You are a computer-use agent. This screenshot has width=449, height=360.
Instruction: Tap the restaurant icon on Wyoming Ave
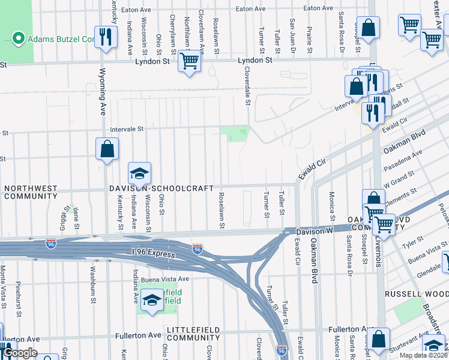tap(106, 37)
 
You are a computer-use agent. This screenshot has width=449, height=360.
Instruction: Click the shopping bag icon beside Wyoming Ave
tap(106, 149)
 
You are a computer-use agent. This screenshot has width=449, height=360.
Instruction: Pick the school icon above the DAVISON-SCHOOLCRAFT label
tap(139, 173)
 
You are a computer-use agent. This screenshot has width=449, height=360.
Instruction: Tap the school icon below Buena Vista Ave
tap(152, 299)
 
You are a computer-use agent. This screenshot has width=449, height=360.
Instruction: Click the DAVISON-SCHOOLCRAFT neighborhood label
tap(161, 188)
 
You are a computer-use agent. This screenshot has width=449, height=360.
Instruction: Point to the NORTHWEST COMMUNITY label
tap(31, 192)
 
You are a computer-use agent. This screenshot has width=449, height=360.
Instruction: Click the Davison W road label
tap(313, 231)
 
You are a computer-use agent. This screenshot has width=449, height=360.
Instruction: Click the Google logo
tap(20, 353)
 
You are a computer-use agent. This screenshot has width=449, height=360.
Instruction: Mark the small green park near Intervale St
tap(234, 134)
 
